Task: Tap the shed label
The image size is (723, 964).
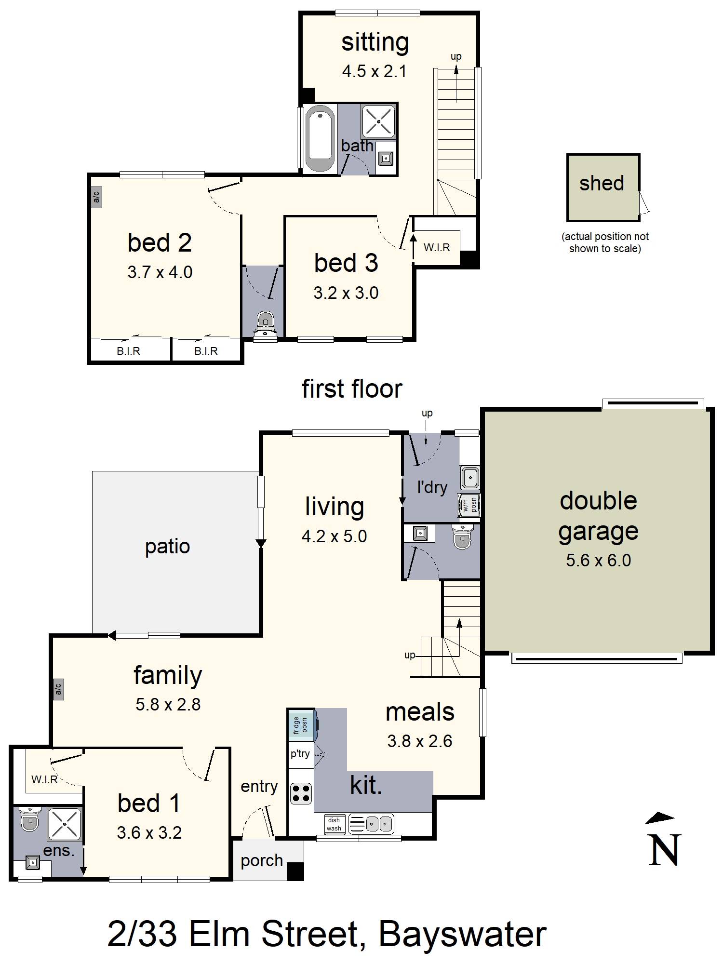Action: click(x=602, y=183)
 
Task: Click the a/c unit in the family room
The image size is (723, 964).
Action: click(x=58, y=690)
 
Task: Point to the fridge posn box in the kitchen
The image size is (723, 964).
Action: click(x=302, y=725)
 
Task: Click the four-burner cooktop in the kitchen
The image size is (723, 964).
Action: click(x=301, y=794)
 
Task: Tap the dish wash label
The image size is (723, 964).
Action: click(x=334, y=824)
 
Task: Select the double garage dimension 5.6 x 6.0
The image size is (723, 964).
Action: click(x=598, y=560)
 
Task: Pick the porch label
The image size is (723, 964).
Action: click(x=262, y=860)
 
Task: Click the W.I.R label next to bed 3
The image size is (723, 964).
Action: click(x=437, y=247)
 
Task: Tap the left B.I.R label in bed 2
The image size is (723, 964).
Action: click(x=128, y=351)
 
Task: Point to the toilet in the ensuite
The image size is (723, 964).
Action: click(x=29, y=819)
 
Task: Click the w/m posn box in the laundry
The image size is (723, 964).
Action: click(x=469, y=505)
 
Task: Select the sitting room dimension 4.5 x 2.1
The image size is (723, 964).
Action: click(x=374, y=71)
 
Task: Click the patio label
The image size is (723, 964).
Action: click(x=167, y=547)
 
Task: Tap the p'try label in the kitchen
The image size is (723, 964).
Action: click(x=300, y=753)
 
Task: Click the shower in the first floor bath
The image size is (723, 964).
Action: click(x=378, y=120)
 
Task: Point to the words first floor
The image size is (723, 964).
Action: click(x=352, y=389)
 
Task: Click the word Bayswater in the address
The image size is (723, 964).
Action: click(x=462, y=934)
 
